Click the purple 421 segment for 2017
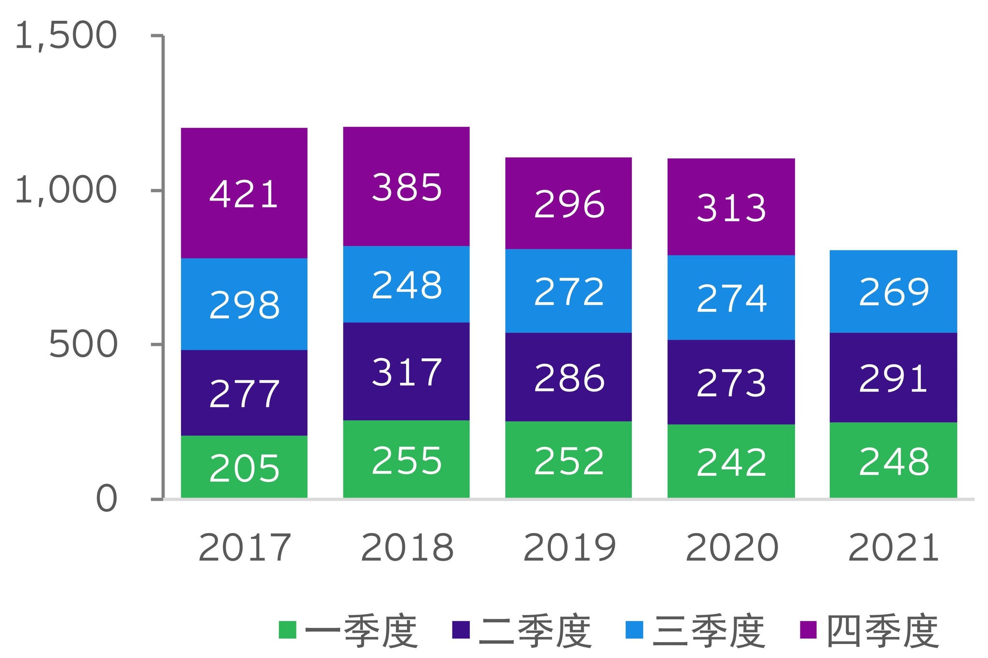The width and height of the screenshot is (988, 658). click(x=244, y=193)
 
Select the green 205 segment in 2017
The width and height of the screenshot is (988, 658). click(x=244, y=466)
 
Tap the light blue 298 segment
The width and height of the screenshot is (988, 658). click(x=244, y=304)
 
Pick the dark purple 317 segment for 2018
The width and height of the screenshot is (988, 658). click(x=406, y=371)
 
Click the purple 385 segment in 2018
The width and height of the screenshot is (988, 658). click(x=406, y=187)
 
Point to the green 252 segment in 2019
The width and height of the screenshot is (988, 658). click(x=568, y=459)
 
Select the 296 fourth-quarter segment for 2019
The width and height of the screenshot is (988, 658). click(x=568, y=203)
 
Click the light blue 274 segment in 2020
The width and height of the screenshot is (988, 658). click(x=731, y=297)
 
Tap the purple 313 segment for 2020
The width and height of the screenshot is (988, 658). click(x=731, y=207)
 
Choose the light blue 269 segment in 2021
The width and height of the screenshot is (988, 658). click(x=893, y=291)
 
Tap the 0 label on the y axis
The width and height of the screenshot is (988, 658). click(x=107, y=499)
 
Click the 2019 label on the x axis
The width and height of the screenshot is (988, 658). click(x=569, y=548)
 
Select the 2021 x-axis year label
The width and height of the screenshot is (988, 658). click(x=893, y=548)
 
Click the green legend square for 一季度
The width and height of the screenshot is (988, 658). click(x=287, y=630)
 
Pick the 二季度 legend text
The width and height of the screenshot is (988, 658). click(x=535, y=631)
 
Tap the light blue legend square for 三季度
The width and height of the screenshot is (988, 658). click(x=634, y=630)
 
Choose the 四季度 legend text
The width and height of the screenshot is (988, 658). click(x=882, y=631)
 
